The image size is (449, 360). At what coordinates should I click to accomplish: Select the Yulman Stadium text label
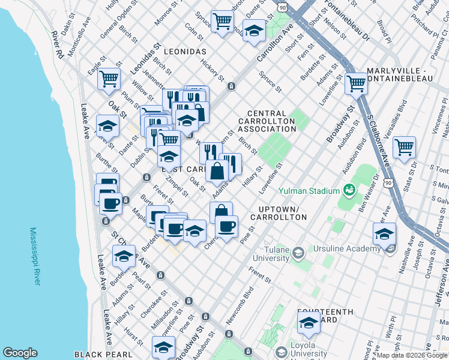pyautogui.click(x=309, y=191)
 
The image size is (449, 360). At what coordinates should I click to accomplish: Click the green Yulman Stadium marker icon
pyautogui.click(x=348, y=191)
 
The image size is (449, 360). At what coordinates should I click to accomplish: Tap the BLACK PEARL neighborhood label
pyautogui.click(x=103, y=355)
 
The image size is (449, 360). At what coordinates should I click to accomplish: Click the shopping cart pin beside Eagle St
pyautogui.click(x=109, y=79)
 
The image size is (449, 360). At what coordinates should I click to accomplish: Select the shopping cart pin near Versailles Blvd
pyautogui.click(x=405, y=146)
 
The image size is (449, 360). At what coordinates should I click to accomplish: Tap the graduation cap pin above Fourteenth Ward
pyautogui.click(x=309, y=323)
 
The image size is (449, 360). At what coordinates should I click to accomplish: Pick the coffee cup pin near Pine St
pyautogui.click(x=226, y=226)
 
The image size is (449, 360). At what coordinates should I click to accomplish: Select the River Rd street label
pyautogui.click(x=58, y=44)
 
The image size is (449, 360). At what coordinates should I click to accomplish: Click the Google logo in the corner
pyautogui.click(x=20, y=353)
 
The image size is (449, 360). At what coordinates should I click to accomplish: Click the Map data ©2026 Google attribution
pyautogui.click(x=412, y=355)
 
